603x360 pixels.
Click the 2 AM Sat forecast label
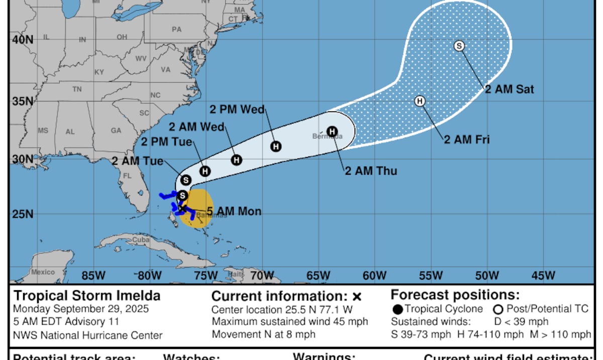click(x=509, y=90)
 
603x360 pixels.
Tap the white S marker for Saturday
click(x=459, y=46)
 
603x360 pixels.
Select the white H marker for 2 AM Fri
click(x=420, y=101)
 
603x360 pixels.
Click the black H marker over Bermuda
click(x=332, y=132)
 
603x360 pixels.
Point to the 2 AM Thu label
click(x=371, y=171)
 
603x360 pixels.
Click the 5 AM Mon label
click(x=234, y=212)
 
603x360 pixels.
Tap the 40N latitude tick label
click(x=22, y=40)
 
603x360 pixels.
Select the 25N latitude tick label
click(x=22, y=214)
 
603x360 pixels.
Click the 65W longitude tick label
click(x=318, y=276)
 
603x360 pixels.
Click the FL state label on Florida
click(x=127, y=176)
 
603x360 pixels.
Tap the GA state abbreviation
click(x=116, y=131)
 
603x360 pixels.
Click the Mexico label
click(x=43, y=272)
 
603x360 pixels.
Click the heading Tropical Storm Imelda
click(x=87, y=296)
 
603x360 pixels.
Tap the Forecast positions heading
click(x=455, y=295)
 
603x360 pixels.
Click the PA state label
click(x=176, y=30)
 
